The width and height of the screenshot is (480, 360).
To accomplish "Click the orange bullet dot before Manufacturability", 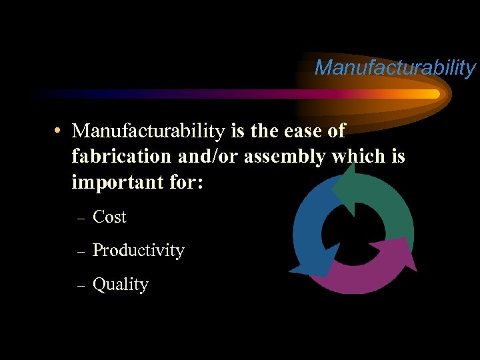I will coord(59,131).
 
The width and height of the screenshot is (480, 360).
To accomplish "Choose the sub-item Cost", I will coord(109,217).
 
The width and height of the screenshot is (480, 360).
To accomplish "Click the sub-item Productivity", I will coord(138,251).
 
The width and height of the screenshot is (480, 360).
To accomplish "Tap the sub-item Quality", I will coord(120,285).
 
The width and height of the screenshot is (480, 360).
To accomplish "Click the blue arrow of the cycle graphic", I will coord(310,227).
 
